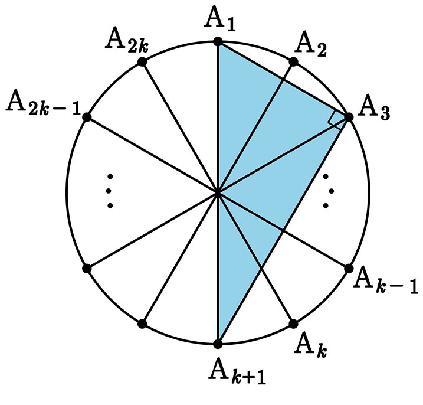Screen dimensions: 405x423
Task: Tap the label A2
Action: click(312, 43)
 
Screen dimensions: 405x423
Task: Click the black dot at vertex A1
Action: click(218, 42)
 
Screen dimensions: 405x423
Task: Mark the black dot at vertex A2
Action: click(293, 61)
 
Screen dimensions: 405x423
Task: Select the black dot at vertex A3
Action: click(348, 117)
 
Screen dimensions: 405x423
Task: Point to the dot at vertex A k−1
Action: click(348, 268)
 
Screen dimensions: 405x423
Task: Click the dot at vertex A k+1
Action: click(218, 344)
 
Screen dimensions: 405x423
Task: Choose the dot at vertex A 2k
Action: click(142, 61)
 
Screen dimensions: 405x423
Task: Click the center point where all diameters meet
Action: click(218, 192)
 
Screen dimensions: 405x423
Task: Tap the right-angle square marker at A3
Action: click(336, 119)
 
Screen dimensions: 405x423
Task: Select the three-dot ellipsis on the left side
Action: click(110, 190)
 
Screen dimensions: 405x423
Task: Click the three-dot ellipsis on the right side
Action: click(326, 190)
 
